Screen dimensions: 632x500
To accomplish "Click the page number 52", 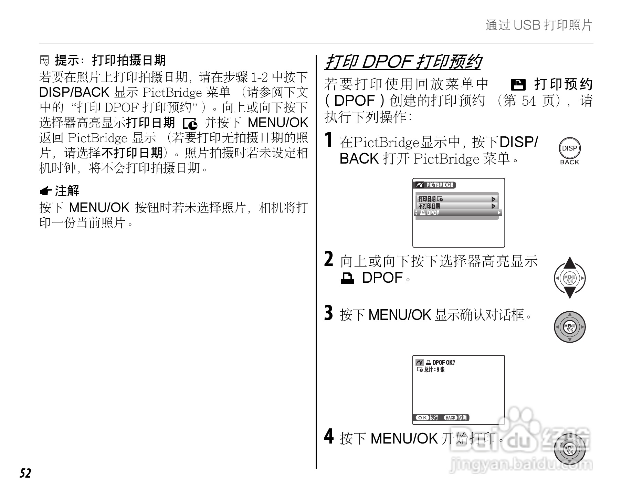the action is coord(25,473).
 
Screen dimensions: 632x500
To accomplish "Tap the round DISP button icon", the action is coord(569,148).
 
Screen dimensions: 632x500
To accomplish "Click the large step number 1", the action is coord(329,140).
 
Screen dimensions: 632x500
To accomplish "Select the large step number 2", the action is coord(329,259).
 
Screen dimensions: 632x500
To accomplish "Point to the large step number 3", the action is coord(329,313).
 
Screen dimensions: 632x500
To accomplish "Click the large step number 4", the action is coord(329,437).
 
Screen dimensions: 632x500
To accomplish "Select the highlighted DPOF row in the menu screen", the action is coord(458,213).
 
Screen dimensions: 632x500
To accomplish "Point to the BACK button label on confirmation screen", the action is coord(451,418).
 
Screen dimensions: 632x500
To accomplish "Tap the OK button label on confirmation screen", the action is coord(422,418).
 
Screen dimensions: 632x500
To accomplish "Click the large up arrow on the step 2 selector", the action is coord(570,263).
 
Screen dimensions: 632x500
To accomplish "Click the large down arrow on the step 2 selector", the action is coord(570,293).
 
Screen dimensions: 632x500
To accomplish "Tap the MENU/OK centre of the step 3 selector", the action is coord(570,327).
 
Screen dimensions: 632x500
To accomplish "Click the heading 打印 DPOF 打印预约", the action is coord(403,62).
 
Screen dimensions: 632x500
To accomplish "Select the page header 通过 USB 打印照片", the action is coord(539,25).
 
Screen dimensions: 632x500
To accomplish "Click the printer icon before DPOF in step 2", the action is coord(347,278).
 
